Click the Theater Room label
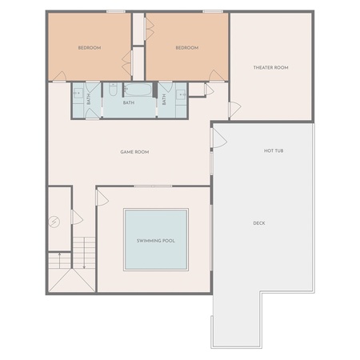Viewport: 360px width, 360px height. [x=270, y=67]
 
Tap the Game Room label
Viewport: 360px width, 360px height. [x=134, y=152]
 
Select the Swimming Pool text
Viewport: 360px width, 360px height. [x=156, y=241]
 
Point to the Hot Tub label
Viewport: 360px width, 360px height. [x=274, y=150]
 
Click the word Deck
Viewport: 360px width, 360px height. [x=259, y=223]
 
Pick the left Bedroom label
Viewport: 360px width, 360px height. [x=90, y=48]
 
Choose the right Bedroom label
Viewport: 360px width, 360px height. [x=187, y=48]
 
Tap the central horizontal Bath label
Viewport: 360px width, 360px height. [x=129, y=102]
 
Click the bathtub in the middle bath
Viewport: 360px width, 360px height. [x=138, y=89]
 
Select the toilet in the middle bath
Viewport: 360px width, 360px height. [x=113, y=89]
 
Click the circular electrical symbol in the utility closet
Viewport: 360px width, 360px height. [x=54, y=222]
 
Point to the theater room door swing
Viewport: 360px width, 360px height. [x=235, y=110]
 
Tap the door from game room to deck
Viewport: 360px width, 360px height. [x=219, y=138]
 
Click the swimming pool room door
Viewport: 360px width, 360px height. [x=102, y=198]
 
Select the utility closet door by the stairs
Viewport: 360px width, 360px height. [x=78, y=217]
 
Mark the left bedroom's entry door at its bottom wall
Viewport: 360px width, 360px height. [x=60, y=76]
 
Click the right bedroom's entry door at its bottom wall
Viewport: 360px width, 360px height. [x=217, y=76]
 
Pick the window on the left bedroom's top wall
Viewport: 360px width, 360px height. [x=116, y=11]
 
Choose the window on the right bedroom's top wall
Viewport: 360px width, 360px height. [x=213, y=11]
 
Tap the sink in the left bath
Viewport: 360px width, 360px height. [x=78, y=94]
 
